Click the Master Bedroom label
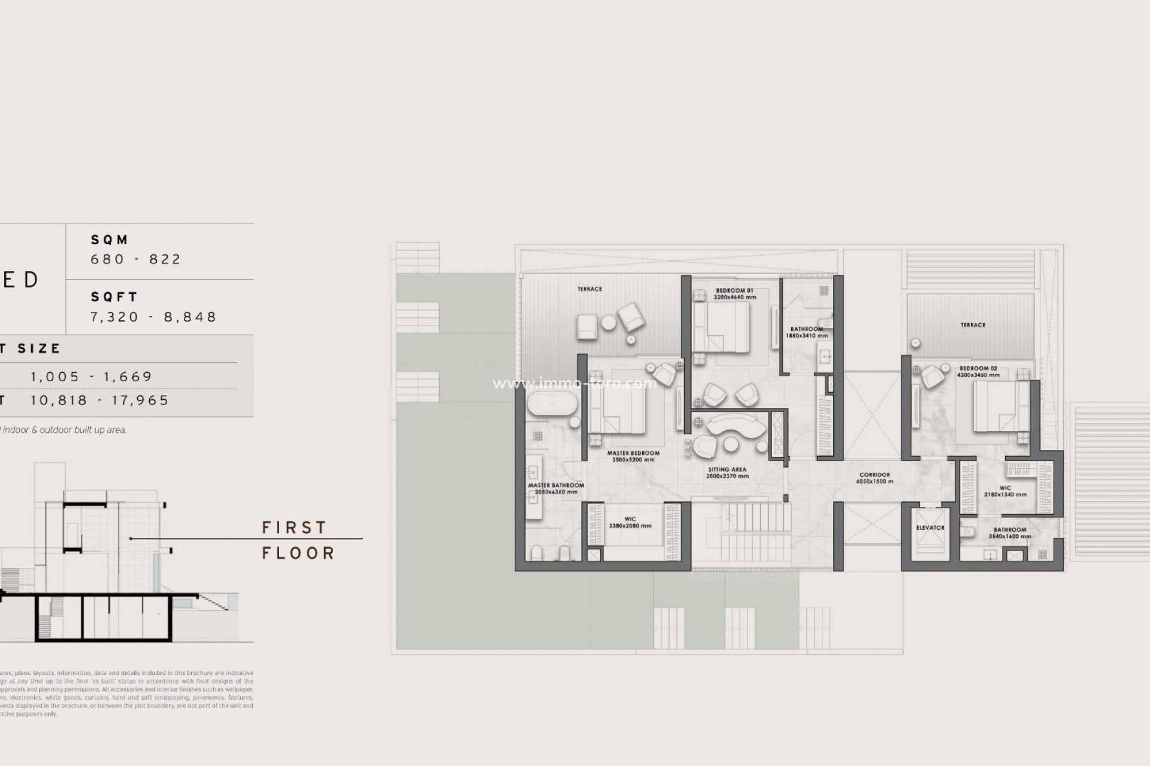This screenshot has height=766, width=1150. (633, 453)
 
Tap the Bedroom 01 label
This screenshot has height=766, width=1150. (734, 291)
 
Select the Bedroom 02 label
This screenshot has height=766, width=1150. (978, 369)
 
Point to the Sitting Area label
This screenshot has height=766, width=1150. (727, 470)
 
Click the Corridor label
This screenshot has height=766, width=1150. (874, 475)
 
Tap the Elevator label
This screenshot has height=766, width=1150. (930, 528)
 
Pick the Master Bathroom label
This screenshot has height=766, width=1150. (556, 485)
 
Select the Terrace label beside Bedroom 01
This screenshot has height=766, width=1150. (589, 289)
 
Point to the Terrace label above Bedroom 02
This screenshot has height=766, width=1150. (973, 325)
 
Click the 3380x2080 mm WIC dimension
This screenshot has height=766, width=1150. (630, 526)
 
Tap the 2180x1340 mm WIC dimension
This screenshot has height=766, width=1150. (1005, 495)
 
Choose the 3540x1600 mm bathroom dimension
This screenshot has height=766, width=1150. (1010, 536)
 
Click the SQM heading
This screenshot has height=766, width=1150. (110, 240)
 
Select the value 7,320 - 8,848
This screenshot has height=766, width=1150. (153, 317)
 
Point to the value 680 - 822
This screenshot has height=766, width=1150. (136, 259)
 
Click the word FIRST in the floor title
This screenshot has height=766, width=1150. (295, 527)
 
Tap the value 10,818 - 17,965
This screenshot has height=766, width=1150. (100, 400)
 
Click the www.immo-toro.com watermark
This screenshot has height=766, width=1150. (574, 384)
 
